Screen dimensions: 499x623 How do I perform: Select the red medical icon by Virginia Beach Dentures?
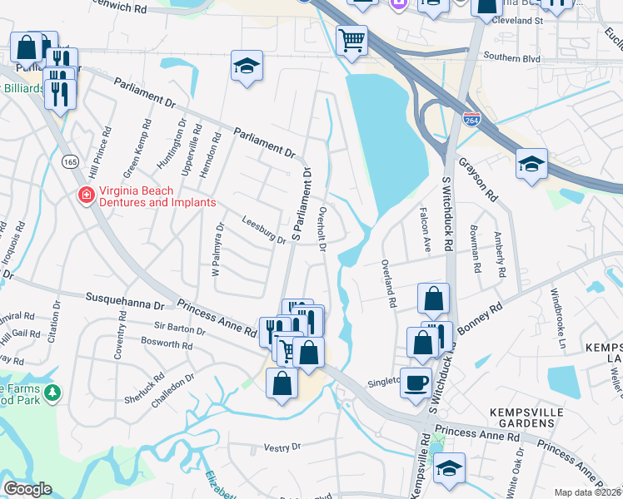[85, 196]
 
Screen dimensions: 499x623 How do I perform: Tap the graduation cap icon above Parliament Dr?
[247, 67]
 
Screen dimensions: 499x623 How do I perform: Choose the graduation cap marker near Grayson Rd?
[531, 163]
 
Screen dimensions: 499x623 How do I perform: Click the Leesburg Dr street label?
[263, 229]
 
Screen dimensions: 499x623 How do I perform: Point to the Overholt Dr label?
[322, 226]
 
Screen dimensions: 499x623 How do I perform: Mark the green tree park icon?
[52, 392]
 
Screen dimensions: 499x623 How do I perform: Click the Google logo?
[27, 489]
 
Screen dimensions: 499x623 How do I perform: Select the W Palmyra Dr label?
[217, 249]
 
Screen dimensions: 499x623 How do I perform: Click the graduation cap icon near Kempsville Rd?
[450, 468]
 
